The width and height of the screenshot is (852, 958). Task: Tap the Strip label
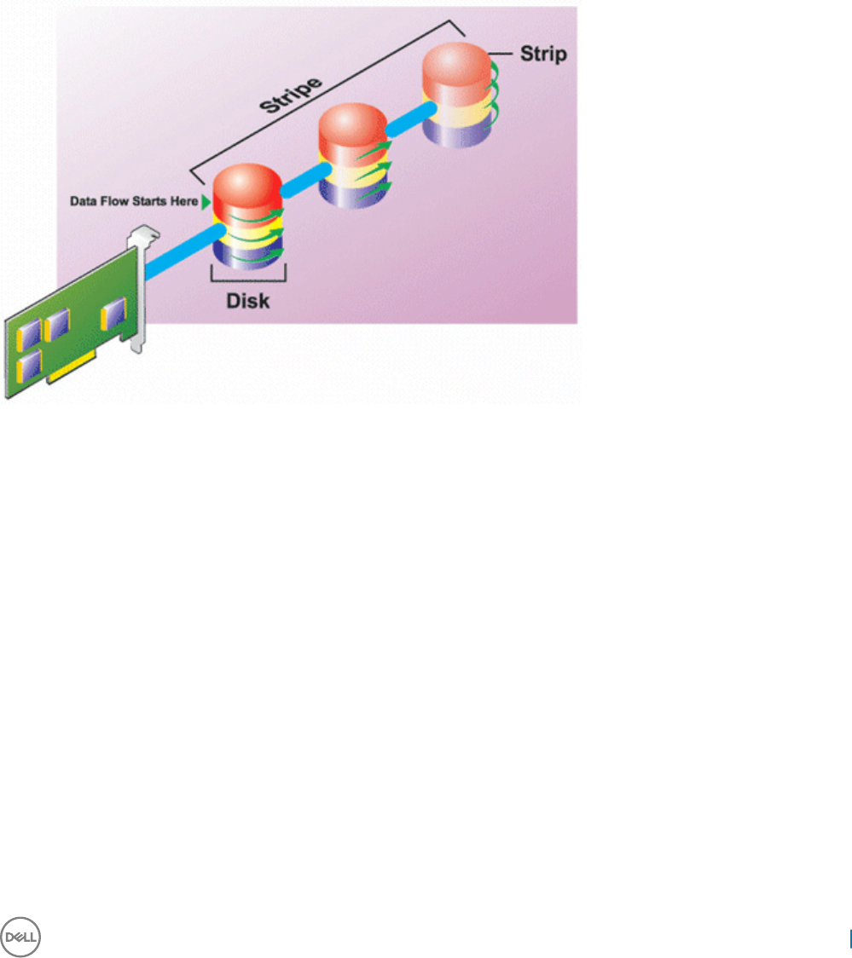[543, 55]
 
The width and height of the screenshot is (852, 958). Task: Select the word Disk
[247, 300]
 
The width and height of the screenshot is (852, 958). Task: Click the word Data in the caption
[83, 202]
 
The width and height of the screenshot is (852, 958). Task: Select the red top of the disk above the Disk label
[247, 188]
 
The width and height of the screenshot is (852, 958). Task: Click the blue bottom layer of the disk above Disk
[247, 253]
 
